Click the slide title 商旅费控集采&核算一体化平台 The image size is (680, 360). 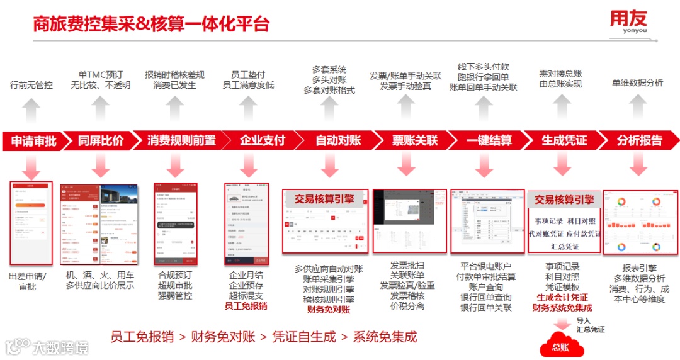coord(151,24)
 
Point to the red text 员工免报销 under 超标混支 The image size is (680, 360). coord(246,306)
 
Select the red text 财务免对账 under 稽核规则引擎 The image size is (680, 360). coord(328,310)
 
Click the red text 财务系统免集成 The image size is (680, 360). coord(562,308)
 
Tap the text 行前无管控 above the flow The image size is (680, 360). coord(31,85)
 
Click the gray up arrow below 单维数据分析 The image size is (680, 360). coord(637,107)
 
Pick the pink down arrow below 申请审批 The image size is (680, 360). coord(30,166)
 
